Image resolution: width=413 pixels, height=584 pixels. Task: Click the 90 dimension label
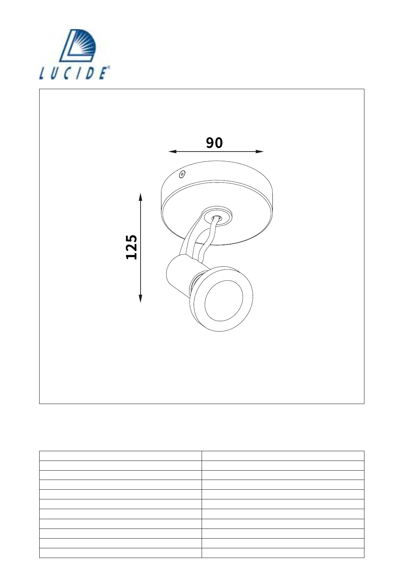point(214,143)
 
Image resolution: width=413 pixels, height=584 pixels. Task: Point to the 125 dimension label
point(132,247)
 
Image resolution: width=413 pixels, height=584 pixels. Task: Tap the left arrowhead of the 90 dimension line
point(172,152)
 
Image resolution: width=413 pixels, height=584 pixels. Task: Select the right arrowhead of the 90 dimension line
point(259,152)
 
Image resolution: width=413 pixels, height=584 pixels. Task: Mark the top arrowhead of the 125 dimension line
point(140,197)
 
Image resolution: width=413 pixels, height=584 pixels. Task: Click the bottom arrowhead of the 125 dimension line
point(140,299)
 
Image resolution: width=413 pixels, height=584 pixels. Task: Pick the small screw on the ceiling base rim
point(182,174)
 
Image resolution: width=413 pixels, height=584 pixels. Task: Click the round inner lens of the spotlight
point(224,300)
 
